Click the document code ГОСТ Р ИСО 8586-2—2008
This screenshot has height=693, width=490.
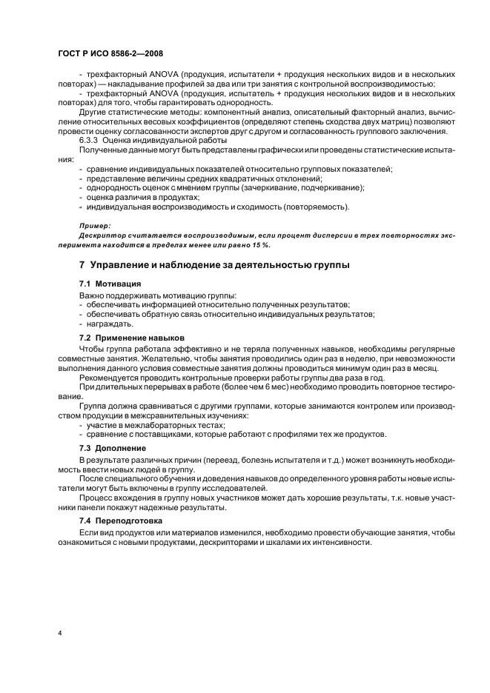[110, 53]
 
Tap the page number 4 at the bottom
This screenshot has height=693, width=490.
[60, 634]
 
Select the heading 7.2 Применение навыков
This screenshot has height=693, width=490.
[132, 338]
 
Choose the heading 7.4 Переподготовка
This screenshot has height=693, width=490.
[121, 522]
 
